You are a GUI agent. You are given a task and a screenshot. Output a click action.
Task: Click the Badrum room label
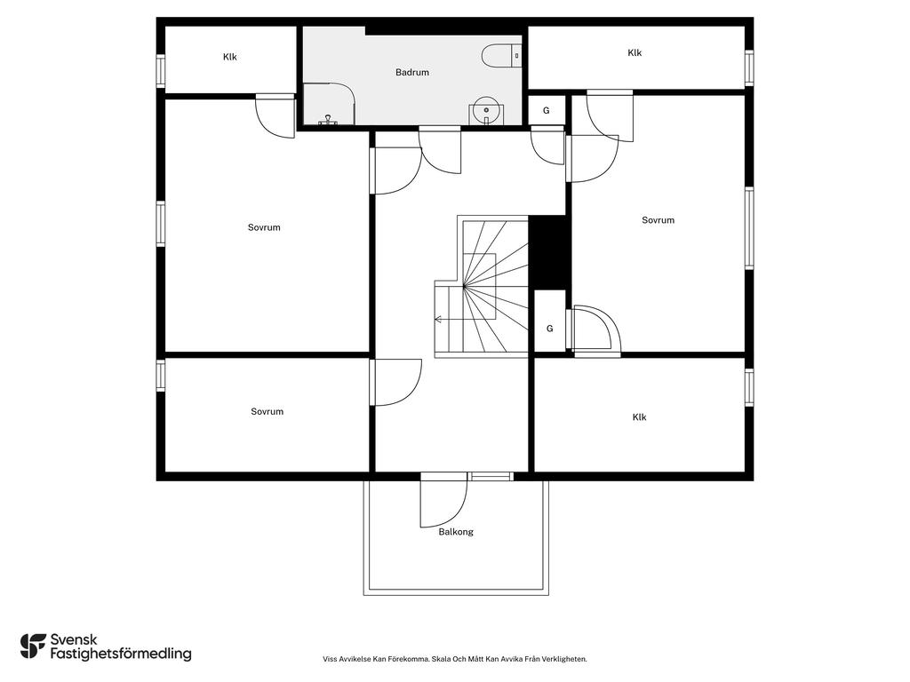coord(412,73)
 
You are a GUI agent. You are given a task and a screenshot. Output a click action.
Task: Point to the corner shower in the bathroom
coord(329,104)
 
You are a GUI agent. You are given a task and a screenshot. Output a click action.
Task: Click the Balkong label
coord(456,532)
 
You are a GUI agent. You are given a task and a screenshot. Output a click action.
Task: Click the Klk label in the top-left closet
coord(230,57)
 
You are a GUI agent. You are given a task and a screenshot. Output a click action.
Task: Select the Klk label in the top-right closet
coord(635,52)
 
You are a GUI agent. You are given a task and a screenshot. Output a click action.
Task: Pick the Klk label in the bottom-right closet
coord(639,417)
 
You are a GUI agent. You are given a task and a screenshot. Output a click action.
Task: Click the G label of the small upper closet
coord(547,110)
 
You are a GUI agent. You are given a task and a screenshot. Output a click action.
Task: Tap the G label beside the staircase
coord(549,329)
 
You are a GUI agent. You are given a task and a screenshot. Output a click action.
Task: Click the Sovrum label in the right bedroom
coord(659,220)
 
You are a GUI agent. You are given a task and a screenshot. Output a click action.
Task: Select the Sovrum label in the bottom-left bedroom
coord(267,411)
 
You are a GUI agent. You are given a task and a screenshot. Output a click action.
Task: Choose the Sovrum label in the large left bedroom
coord(264,227)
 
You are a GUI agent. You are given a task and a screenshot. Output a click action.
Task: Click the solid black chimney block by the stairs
coord(547,253)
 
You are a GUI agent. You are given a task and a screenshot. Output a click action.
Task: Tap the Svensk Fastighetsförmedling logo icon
coord(33,646)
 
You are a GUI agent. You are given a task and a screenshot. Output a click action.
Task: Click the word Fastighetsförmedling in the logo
coord(121,654)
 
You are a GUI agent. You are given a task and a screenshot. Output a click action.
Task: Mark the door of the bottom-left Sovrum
coord(395,383)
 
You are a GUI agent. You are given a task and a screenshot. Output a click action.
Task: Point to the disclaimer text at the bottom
coord(455,660)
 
